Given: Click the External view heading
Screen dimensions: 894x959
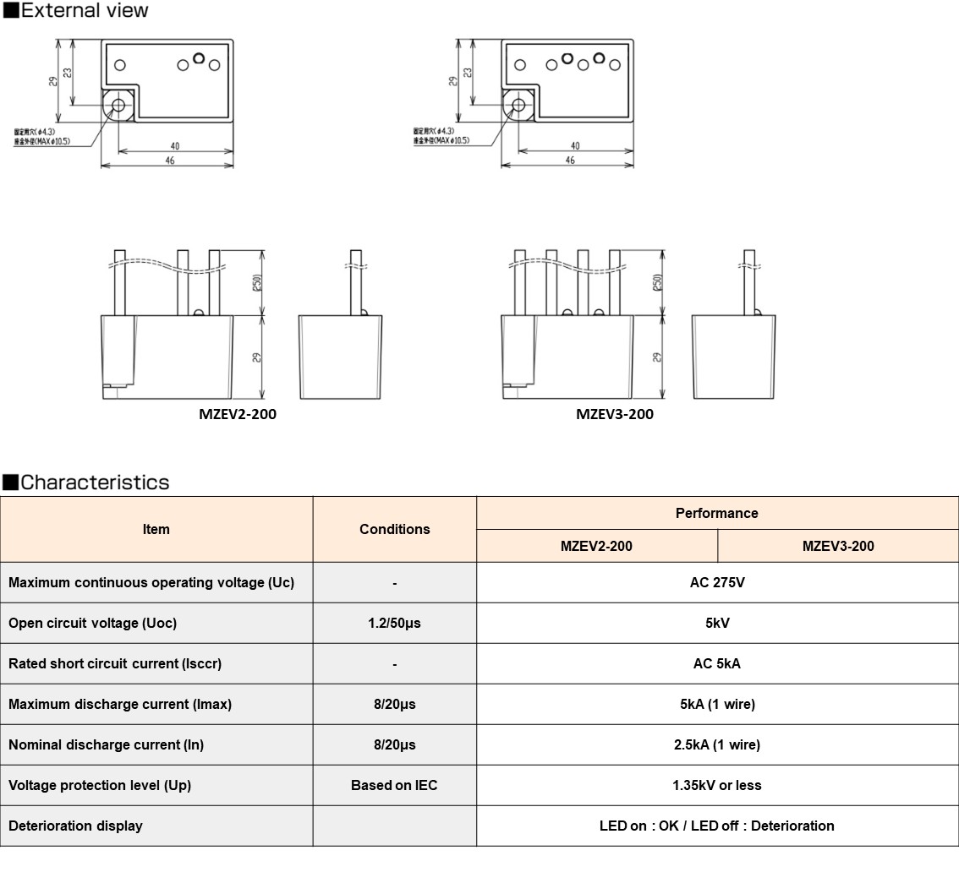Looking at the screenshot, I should click(x=84, y=10).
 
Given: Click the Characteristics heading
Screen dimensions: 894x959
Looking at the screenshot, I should click(x=94, y=482).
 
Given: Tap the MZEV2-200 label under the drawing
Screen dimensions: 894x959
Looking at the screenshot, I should click(x=237, y=414).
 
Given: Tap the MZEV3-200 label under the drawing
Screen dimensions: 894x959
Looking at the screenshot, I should click(x=615, y=414).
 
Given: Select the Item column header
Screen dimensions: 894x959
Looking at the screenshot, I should click(x=156, y=529).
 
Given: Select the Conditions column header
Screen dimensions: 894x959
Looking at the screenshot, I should click(x=394, y=529).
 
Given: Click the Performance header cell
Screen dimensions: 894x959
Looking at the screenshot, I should click(x=716, y=513).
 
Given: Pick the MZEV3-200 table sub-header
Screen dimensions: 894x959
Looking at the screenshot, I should click(x=837, y=546).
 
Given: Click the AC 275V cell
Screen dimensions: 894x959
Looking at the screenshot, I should click(x=716, y=582).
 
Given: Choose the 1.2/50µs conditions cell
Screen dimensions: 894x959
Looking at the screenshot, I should click(x=394, y=623).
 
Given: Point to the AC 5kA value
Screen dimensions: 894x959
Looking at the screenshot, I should click(x=716, y=663).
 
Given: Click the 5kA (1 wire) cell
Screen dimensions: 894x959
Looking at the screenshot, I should click(x=716, y=704).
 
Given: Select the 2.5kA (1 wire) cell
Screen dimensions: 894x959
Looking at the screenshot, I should click(x=716, y=744).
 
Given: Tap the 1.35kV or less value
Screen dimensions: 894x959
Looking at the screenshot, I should click(x=716, y=785).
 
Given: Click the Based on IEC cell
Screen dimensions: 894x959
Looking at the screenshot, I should click(x=394, y=785).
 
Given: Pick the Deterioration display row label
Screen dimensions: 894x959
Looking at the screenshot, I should click(x=75, y=826).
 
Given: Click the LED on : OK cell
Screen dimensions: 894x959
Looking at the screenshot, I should click(x=716, y=826).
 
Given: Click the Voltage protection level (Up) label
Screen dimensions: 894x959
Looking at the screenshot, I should click(x=100, y=785).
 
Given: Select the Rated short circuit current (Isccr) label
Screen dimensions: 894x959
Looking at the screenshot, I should click(x=115, y=663).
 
